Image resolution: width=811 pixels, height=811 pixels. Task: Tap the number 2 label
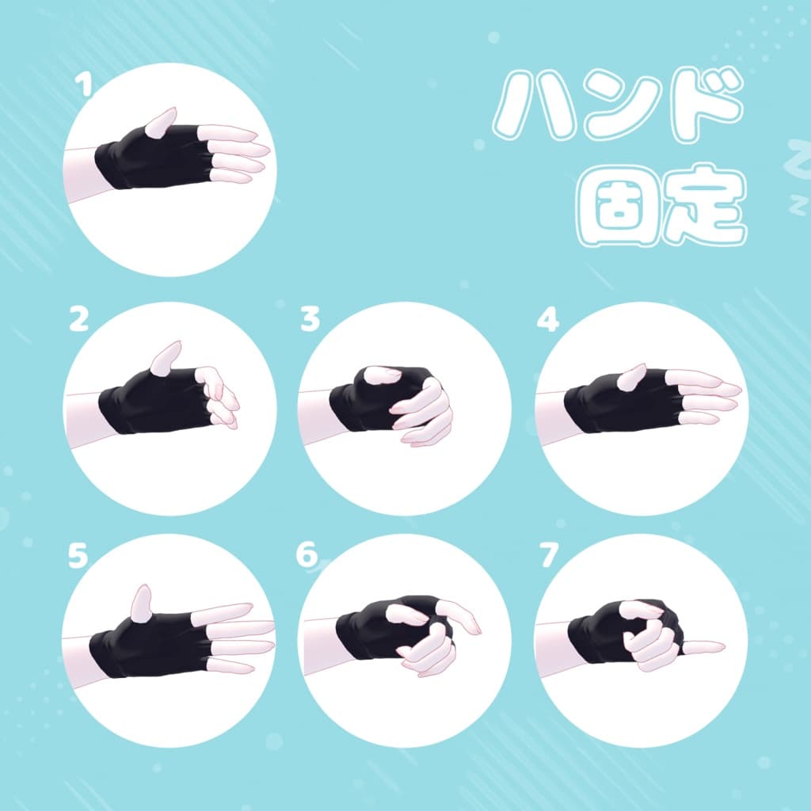coord(78,319)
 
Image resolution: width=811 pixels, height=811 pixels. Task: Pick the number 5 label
coord(77,556)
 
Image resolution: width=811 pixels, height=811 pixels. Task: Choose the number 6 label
coord(307,556)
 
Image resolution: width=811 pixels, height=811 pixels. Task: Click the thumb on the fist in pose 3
coord(383,374)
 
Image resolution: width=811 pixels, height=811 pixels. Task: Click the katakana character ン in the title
coord(619,107)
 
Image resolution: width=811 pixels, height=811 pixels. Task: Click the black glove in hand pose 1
coord(150,154)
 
